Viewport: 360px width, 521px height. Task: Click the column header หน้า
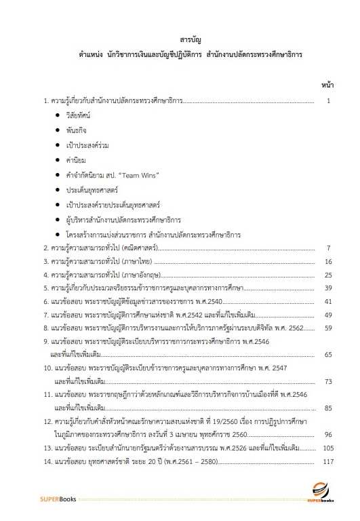325,87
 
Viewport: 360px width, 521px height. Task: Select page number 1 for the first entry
327,102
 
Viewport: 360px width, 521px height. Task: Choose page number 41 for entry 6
327,302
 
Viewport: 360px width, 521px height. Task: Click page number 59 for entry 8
327,328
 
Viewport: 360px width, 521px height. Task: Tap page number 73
327,382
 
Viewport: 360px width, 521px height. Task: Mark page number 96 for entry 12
327,435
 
